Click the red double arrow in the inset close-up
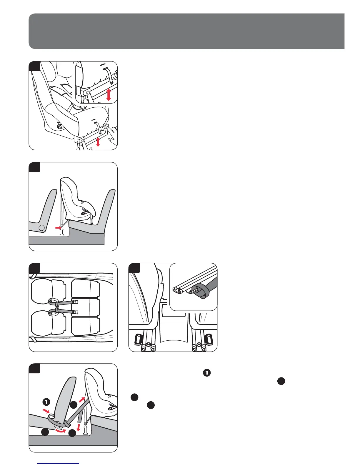[109, 95]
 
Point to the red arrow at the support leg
[58, 227]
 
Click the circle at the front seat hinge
[42, 228]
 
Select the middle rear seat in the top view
[86, 307]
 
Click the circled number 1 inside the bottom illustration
[46, 401]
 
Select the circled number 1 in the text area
[207, 372]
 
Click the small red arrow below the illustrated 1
[47, 410]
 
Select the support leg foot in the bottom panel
[86, 432]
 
